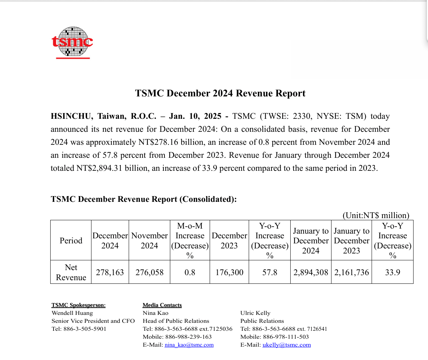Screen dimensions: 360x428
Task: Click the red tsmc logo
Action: pos(72,42)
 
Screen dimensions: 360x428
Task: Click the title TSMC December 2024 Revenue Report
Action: pos(220,94)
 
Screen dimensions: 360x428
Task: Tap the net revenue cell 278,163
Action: pos(110,272)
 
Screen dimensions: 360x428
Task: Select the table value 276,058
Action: pos(149,272)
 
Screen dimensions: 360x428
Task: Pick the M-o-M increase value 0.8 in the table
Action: pos(190,272)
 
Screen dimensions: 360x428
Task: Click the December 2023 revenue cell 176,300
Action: pos(229,272)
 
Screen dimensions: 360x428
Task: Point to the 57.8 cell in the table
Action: pos(270,272)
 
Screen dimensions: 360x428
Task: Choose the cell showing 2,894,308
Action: pos(311,272)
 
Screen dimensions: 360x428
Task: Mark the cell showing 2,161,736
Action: pos(351,272)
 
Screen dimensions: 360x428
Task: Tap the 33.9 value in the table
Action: pos(392,272)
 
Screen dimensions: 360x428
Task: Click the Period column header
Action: pos(71,241)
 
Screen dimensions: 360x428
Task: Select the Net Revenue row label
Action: pos(71,272)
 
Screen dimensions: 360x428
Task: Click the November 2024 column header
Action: pos(149,241)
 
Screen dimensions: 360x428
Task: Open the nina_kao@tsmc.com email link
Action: pos(189,345)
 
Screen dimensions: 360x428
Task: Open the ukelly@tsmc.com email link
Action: pos(287,345)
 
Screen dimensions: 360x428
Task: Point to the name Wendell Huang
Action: pos(72,313)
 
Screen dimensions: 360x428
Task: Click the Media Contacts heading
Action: pos(162,305)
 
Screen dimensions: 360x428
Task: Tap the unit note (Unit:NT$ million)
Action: pos(376,216)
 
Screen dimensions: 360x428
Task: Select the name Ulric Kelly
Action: pos(255,313)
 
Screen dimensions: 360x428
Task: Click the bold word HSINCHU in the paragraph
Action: pos(71,116)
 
